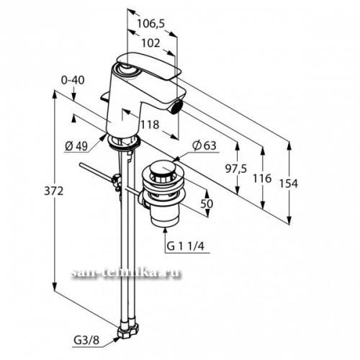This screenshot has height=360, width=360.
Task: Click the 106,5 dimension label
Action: coord(150,24)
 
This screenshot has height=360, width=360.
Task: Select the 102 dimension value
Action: coord(150,43)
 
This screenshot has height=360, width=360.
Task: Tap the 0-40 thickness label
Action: coord(73,80)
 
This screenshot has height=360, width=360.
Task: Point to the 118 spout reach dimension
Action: coord(150,125)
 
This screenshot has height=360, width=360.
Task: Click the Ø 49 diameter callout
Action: coord(76,146)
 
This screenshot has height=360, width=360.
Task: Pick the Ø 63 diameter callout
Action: coord(204,145)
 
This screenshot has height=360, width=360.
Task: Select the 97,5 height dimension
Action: coord(236,169)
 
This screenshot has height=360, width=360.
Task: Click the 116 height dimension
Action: coord(262,179)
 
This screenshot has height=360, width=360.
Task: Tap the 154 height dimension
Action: coord(289,184)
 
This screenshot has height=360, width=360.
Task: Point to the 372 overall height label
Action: coord(54,191)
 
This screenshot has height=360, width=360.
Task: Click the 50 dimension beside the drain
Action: coord(207,204)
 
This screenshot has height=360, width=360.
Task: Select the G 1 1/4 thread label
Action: coord(185,246)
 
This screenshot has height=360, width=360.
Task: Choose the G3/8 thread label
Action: coord(86,340)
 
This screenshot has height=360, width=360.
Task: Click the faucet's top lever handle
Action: coord(149,66)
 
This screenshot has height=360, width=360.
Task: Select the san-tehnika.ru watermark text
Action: coord(126,273)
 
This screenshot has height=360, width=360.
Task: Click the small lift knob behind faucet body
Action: coord(105,96)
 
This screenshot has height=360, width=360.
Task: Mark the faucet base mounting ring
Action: coord(124,143)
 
